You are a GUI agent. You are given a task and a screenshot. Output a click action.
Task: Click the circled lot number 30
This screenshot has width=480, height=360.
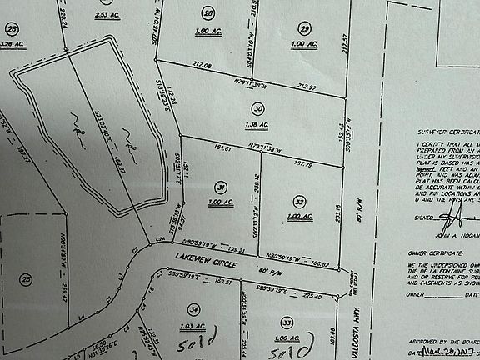(258, 108)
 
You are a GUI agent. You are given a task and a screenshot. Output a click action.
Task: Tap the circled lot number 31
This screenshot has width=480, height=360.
(220, 187)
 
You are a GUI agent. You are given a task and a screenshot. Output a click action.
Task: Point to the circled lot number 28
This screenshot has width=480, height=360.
(208, 13)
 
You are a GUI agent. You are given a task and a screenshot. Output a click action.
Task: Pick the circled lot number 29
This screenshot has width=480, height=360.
(305, 27)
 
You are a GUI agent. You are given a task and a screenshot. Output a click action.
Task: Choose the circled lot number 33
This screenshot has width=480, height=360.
(287, 320)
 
